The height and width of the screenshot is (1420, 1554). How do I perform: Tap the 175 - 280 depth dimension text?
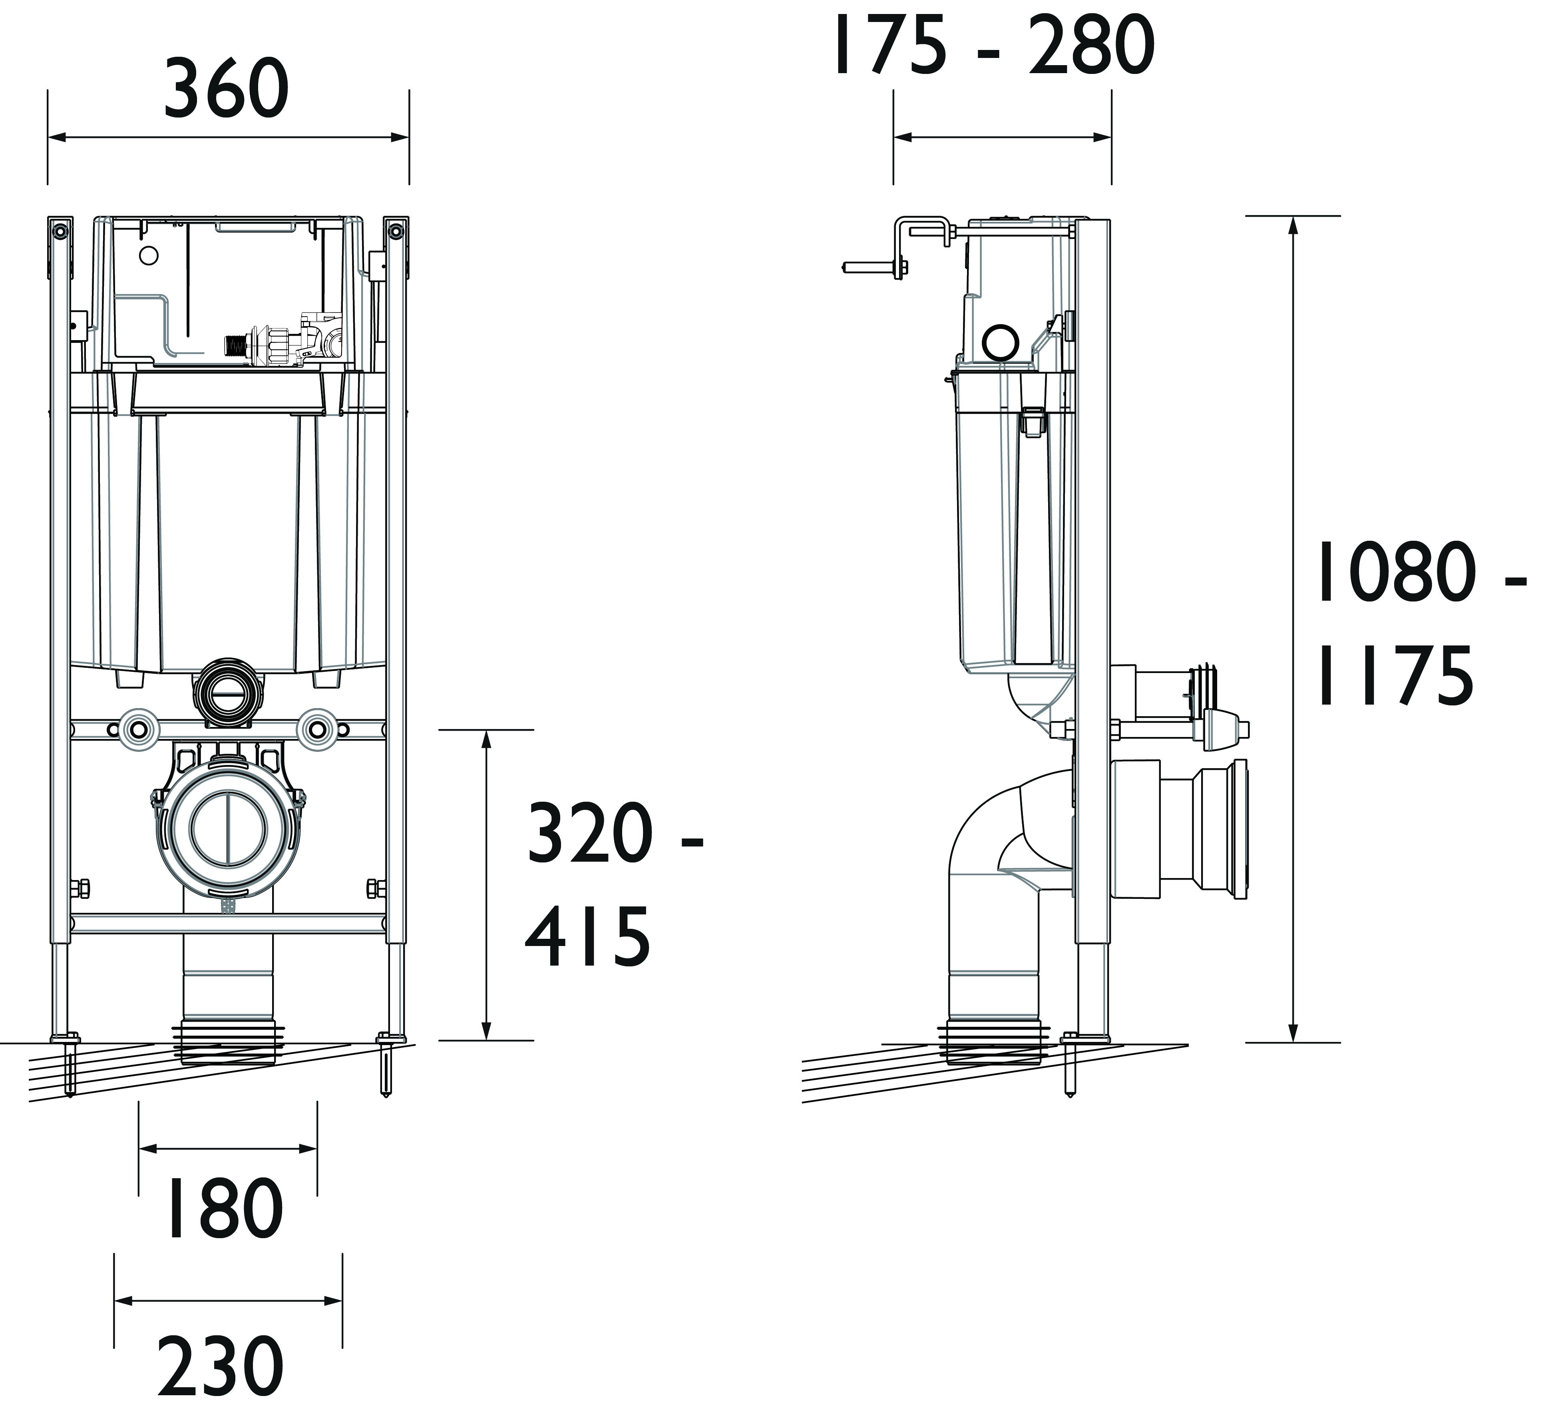[x=994, y=46]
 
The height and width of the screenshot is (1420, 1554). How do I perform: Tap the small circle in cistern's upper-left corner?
[x=149, y=255]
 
